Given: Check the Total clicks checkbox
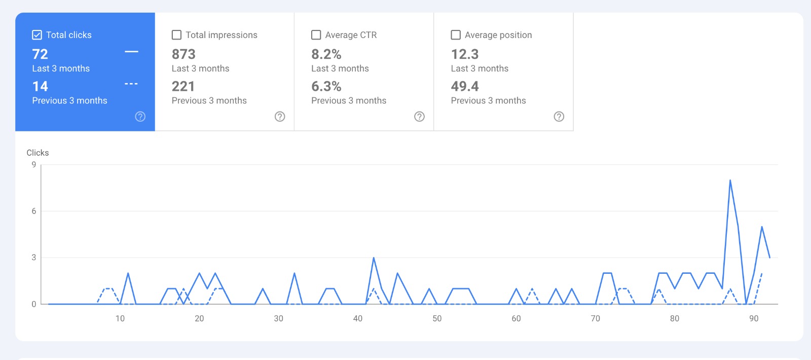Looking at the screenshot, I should click(37, 35).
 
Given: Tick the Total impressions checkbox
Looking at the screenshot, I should click(176, 35).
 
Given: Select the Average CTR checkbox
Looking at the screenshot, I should click(316, 35).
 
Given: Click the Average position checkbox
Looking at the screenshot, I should click(456, 35).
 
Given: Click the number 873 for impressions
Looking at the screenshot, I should click(183, 54).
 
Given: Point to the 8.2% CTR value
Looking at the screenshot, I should click(326, 54).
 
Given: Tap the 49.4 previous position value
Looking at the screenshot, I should click(465, 87).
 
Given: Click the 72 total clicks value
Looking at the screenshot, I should click(40, 54).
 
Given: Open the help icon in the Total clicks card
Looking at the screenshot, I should click(140, 117).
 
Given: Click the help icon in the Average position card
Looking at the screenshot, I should click(559, 117).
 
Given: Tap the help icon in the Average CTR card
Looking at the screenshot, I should click(420, 117).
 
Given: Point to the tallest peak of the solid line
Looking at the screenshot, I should click(730, 181).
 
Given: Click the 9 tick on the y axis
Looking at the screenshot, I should click(34, 165).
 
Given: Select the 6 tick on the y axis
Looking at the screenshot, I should click(34, 211).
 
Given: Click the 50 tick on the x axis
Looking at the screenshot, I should click(437, 318).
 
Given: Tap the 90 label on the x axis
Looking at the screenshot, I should click(754, 318).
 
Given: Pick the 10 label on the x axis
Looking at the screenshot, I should click(120, 318).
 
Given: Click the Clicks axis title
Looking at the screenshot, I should click(38, 153).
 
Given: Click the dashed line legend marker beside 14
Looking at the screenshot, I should click(131, 84).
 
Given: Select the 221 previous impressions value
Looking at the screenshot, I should click(183, 87).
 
